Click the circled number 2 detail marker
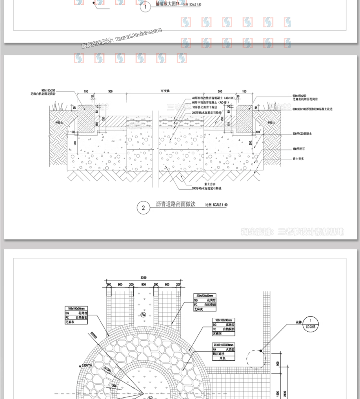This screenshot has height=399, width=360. [144, 208]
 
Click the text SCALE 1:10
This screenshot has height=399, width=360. [220, 205]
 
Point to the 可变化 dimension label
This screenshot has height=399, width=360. [165, 91]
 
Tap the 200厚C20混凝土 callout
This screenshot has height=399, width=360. [302, 134]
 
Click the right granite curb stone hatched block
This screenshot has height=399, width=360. [244, 119]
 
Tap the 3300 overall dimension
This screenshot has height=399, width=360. [143, 278]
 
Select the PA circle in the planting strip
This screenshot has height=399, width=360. [143, 315]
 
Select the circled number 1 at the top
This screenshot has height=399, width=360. [145, 7]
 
